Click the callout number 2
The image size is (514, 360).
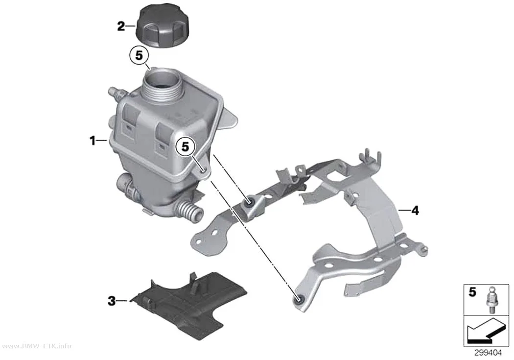(121, 26)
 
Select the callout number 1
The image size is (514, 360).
(93, 141)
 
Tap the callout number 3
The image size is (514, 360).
(112, 301)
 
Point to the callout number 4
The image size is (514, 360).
(415, 211)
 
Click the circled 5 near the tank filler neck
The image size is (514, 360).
(140, 56)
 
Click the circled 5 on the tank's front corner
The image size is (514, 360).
(186, 147)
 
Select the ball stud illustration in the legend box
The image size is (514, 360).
(490, 300)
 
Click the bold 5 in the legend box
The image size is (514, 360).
(472, 292)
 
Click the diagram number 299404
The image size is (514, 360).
(488, 353)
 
